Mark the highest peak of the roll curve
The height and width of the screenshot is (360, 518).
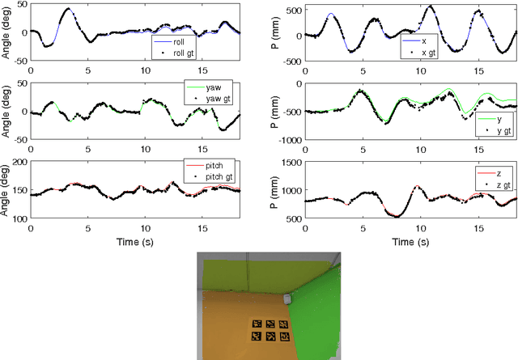[68, 9]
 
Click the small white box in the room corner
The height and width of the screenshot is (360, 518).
[287, 299]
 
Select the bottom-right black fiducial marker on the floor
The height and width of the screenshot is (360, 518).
[282, 338]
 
